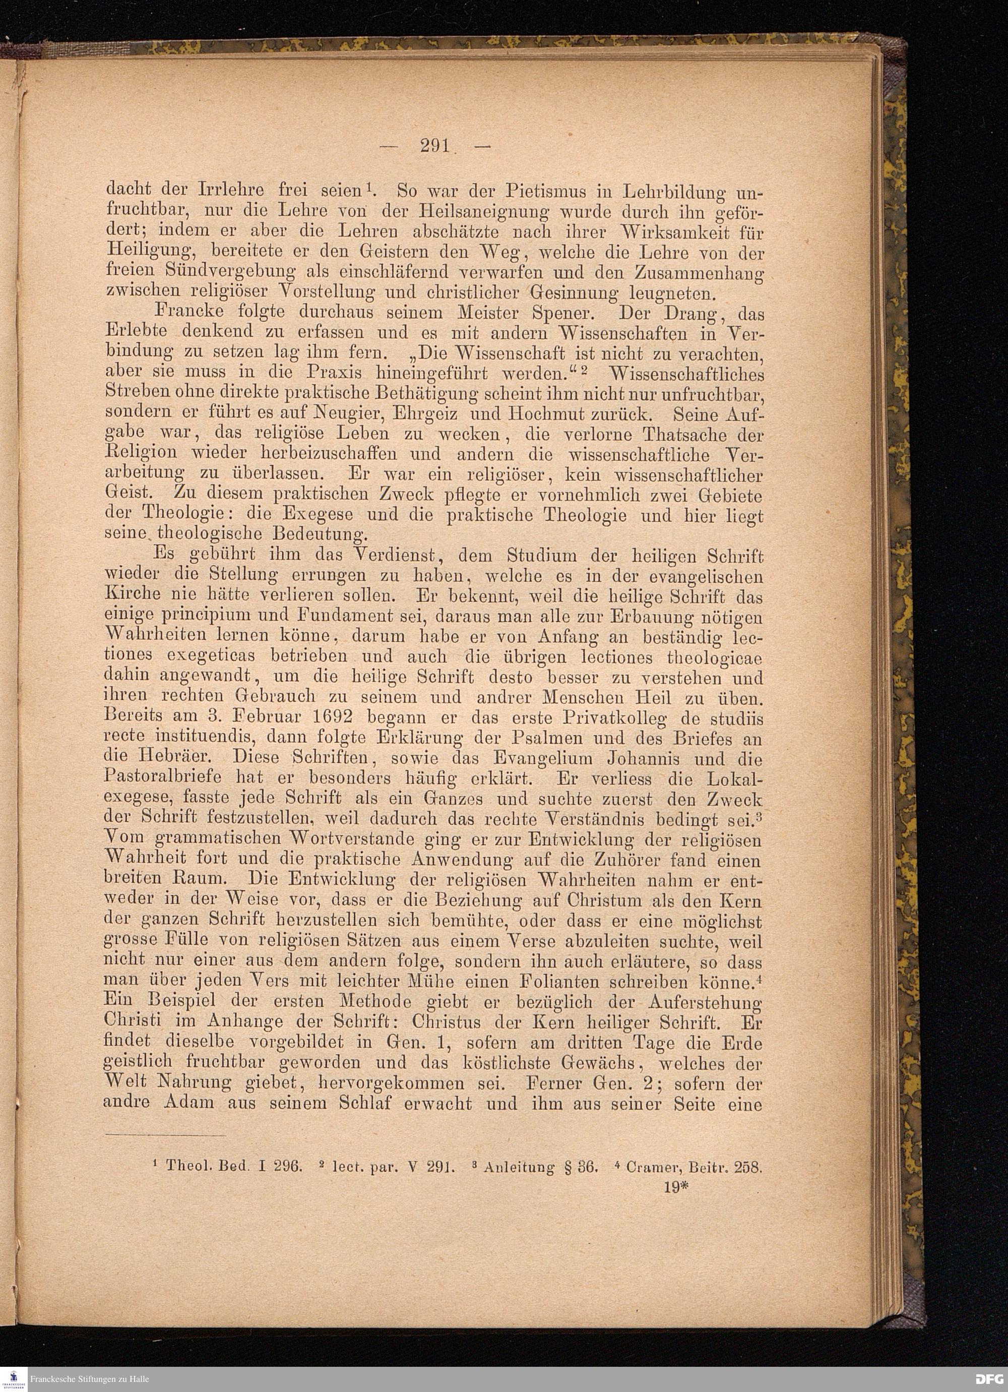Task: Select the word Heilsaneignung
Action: (x=485, y=212)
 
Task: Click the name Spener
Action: (x=553, y=313)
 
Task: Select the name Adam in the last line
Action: (x=188, y=1103)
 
